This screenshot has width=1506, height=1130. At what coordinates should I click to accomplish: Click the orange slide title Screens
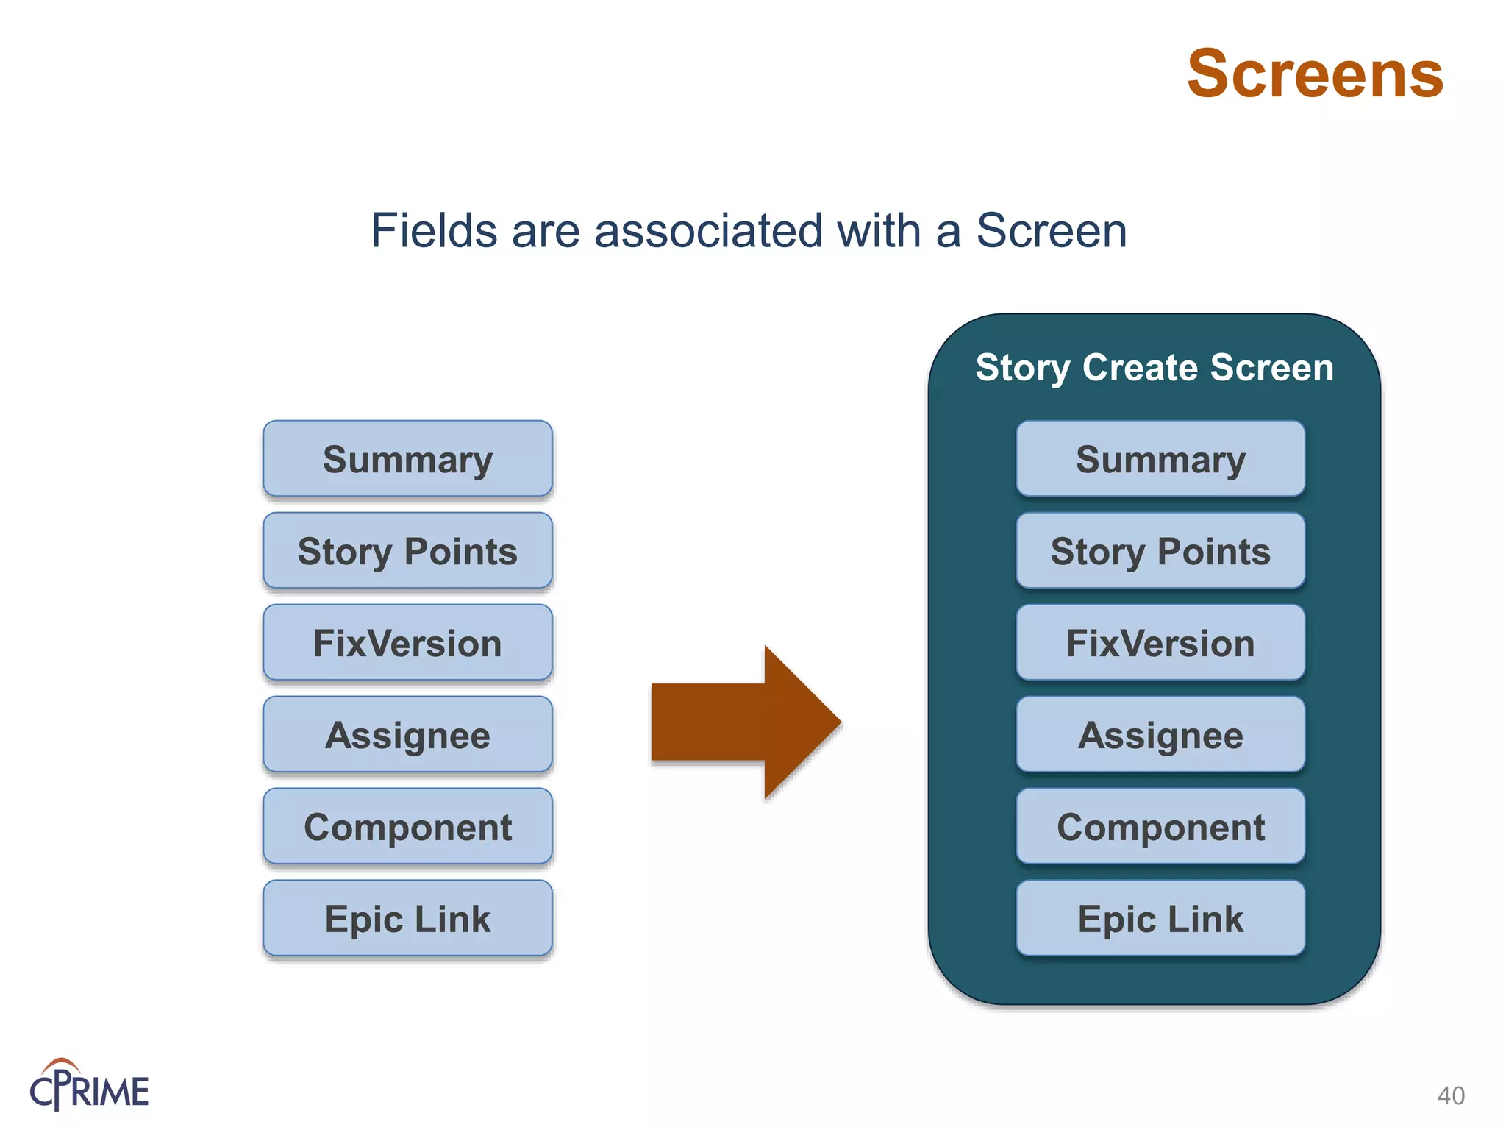click(1315, 74)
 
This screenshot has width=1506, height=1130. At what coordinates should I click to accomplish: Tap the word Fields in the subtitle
click(434, 231)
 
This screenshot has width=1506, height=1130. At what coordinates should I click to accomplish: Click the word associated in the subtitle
click(708, 231)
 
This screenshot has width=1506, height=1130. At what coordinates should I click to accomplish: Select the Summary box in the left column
click(407, 459)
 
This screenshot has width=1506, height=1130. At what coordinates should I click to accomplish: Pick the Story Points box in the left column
click(407, 551)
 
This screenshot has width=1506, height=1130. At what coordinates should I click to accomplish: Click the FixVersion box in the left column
click(407, 643)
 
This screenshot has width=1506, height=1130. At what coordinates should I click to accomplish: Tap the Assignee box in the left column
click(407, 735)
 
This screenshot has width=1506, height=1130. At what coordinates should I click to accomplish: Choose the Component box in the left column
click(407, 827)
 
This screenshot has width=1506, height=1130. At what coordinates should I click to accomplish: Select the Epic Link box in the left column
click(407, 919)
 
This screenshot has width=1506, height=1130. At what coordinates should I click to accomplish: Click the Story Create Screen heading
click(1154, 367)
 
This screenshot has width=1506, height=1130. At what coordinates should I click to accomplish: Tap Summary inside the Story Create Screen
click(1160, 459)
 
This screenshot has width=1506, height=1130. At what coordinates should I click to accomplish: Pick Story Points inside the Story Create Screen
click(1160, 551)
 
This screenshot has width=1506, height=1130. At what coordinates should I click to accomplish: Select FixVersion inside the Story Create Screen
click(1160, 643)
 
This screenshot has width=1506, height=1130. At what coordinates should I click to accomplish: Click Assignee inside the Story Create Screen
click(1160, 735)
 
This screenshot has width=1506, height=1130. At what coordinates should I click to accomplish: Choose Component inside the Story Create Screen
click(1160, 827)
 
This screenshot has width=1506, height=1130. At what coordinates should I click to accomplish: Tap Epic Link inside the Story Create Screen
click(1160, 919)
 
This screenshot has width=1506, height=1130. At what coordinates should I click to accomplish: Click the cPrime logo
click(89, 1086)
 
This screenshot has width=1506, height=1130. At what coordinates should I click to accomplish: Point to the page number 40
click(1451, 1095)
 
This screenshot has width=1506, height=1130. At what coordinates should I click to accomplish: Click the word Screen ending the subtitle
click(1051, 231)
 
